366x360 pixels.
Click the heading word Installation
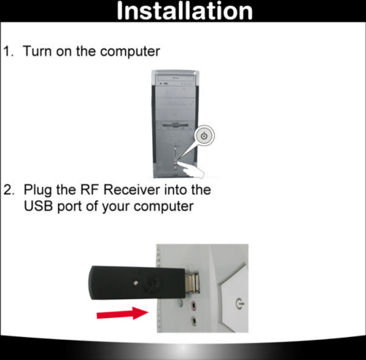click(x=184, y=11)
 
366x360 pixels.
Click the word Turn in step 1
click(x=37, y=51)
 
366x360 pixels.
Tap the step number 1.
click(x=8, y=51)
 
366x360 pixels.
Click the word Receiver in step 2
click(x=133, y=191)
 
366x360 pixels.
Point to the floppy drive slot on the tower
click(x=175, y=126)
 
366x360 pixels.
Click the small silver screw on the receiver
click(x=135, y=283)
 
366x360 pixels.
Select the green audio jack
click(x=194, y=321)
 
